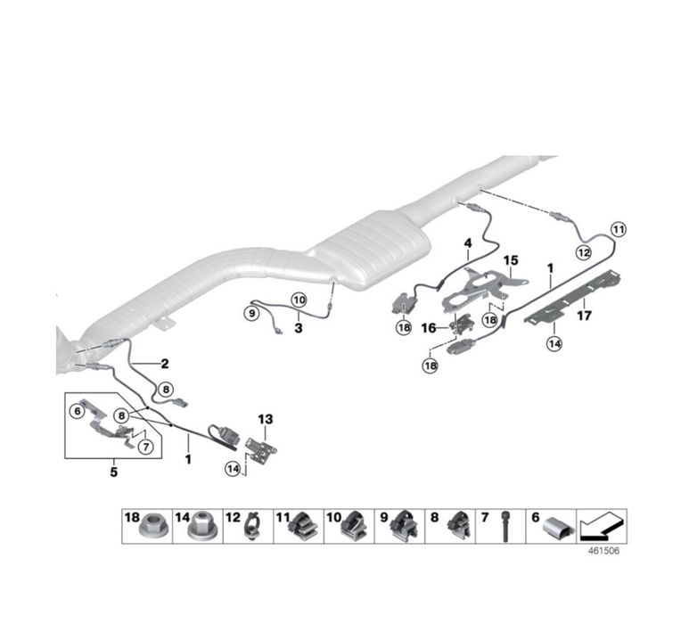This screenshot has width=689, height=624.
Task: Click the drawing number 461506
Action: point(604,551)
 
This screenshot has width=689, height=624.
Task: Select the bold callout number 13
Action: point(265,419)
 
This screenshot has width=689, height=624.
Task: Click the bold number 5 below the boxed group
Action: point(113,472)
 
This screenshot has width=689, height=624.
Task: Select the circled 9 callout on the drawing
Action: point(250,312)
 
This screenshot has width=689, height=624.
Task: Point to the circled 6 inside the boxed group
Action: point(77,411)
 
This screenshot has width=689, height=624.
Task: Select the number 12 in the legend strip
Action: point(233,517)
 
